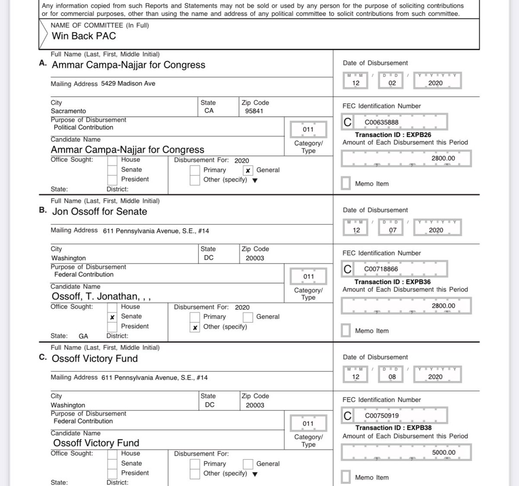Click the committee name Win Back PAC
84,36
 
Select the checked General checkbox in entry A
248,170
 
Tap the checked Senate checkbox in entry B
112,317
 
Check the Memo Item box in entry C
346,477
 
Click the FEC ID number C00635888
381,122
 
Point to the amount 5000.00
443,453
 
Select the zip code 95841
254,111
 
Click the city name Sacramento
68,111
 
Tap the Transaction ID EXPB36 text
392,282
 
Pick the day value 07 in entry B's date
392,230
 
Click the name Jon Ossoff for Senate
99,212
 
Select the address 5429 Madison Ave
128,83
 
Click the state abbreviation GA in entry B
83,336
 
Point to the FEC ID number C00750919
381,416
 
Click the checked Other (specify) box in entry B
195,327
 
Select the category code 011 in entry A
308,129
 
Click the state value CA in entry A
209,111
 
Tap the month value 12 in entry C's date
356,377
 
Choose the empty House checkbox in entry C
112,454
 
